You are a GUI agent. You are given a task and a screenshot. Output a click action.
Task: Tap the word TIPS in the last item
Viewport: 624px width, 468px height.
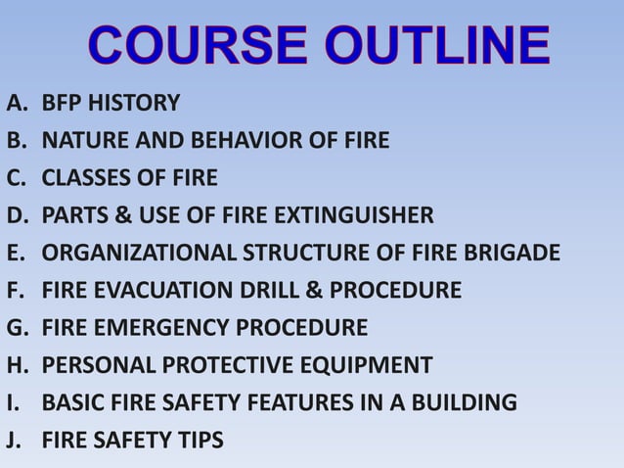[x=201, y=441]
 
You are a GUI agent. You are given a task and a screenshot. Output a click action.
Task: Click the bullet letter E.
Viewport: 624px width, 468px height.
[x=14, y=253]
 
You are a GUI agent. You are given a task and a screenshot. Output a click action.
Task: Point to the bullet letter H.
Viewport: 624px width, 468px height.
[x=15, y=365]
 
